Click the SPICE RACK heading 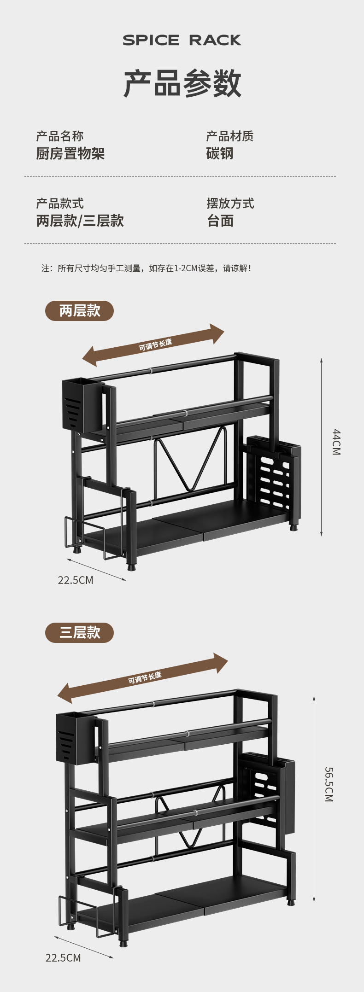tap(182, 41)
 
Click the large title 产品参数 tap(182, 83)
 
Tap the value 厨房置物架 tap(70, 153)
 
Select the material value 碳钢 tap(219, 153)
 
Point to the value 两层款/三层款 tap(80, 221)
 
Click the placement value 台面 tap(220, 221)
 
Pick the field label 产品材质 tap(229, 136)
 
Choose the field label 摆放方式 tap(230, 203)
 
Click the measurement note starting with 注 tap(147, 268)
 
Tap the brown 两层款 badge tap(79, 311)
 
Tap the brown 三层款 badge tap(79, 633)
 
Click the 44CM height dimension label tap(336, 442)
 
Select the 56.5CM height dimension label tap(329, 784)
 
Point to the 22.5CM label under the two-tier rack tap(76, 580)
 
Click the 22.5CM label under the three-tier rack tap(63, 958)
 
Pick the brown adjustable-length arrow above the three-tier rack tap(143, 678)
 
